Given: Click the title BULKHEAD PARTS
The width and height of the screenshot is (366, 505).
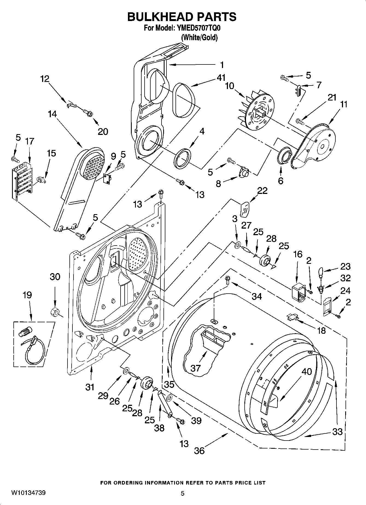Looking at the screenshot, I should pos(182,17).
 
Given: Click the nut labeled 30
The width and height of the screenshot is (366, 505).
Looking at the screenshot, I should pos(55,311).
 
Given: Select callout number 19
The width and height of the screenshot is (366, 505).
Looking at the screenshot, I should pos(27,295).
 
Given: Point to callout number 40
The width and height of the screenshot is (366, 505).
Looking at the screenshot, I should pos(307,371).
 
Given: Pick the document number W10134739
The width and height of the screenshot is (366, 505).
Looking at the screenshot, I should pos(28,493).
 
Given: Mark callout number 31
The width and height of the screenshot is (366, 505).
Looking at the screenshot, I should pos(90,387).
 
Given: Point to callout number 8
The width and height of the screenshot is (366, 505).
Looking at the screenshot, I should pos(218,184).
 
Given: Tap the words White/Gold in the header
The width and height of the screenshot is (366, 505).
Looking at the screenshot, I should pos(199,37).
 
